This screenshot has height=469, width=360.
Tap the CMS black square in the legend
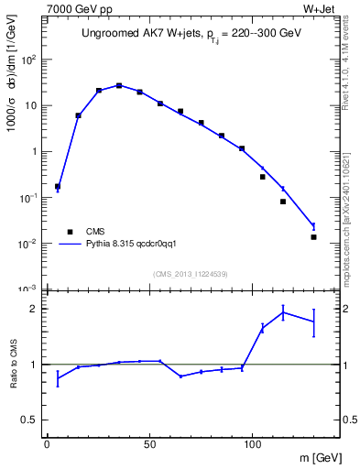(x=68, y=232)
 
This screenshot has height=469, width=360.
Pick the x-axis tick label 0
(x=47, y=446)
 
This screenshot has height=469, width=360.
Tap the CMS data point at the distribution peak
(x=119, y=85)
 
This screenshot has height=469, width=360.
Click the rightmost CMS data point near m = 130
(x=313, y=237)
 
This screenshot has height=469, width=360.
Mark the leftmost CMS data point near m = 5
(x=58, y=187)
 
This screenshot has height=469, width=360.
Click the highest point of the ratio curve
(x=283, y=312)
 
